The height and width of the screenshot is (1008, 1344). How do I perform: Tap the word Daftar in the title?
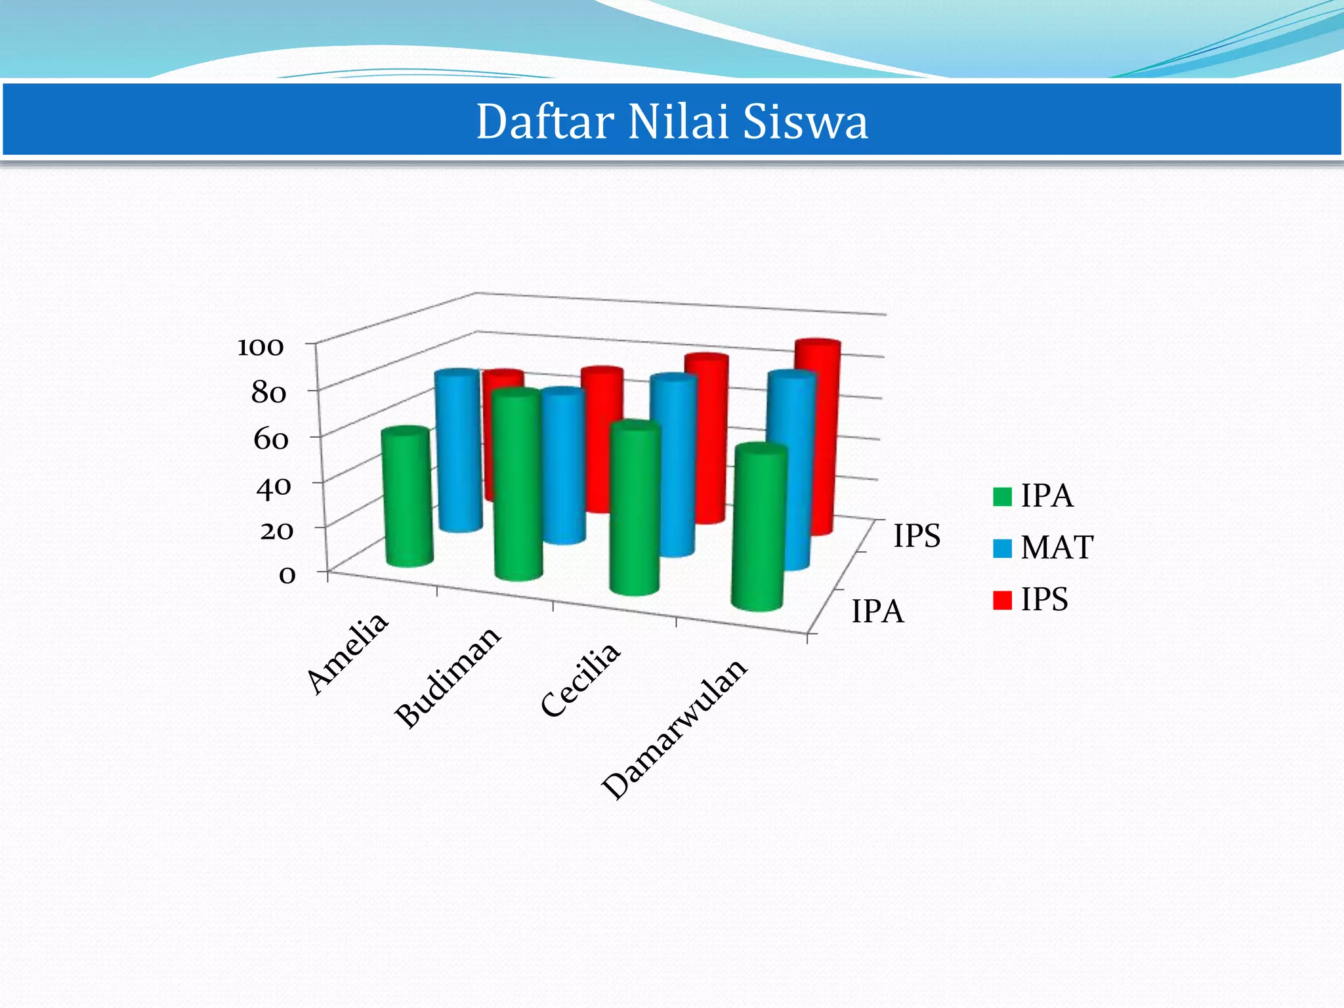pyautogui.click(x=545, y=122)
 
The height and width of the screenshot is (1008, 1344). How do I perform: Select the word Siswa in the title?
pyautogui.click(x=805, y=122)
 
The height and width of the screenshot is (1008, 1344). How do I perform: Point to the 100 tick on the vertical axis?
pyautogui.click(x=261, y=346)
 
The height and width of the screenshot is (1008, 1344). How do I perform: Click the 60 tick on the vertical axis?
pyautogui.click(x=271, y=439)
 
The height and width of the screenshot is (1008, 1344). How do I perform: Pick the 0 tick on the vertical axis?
pyautogui.click(x=287, y=575)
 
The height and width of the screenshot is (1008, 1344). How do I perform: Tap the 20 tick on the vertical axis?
pyautogui.click(x=276, y=530)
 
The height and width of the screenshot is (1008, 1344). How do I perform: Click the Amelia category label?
pyautogui.click(x=348, y=652)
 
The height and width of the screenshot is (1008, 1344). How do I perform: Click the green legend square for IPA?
pyautogui.click(x=1002, y=497)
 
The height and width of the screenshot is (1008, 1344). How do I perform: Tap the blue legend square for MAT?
pyautogui.click(x=1002, y=548)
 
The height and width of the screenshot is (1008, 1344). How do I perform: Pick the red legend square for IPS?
pyautogui.click(x=1002, y=600)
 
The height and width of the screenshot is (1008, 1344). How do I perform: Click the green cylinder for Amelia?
pyautogui.click(x=408, y=499)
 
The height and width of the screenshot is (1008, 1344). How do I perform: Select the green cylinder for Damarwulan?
pyautogui.click(x=759, y=528)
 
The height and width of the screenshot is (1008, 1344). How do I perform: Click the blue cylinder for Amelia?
pyautogui.click(x=459, y=453)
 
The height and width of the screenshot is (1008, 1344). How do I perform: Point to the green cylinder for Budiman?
pyautogui.click(x=518, y=486)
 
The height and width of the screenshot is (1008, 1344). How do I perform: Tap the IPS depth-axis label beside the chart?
pyautogui.click(x=917, y=535)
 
